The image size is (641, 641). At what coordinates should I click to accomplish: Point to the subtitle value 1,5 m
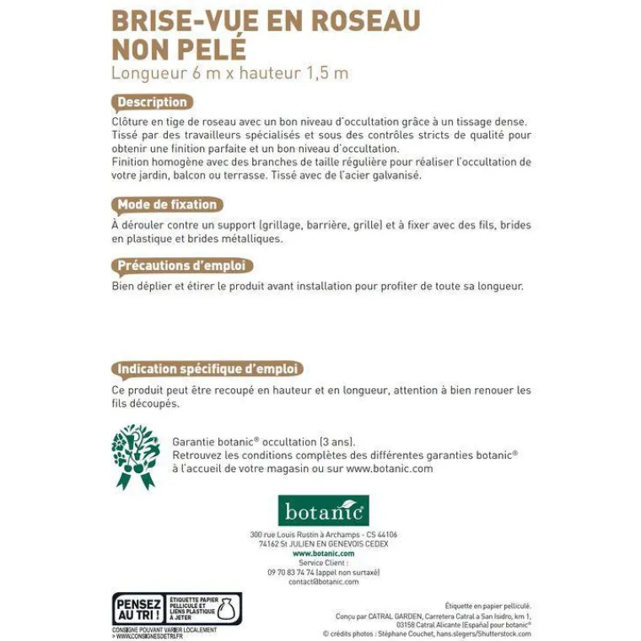tap(327, 73)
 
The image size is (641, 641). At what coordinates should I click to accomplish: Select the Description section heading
tap(152, 102)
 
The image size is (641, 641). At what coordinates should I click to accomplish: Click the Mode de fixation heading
tap(167, 204)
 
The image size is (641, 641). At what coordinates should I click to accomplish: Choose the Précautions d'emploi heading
tap(181, 266)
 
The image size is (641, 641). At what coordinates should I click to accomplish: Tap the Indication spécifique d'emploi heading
tap(207, 369)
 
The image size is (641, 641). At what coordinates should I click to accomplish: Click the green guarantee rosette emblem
tap(135, 455)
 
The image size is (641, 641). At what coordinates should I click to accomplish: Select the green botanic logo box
tap(323, 510)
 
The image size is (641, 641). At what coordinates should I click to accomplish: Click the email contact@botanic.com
tap(323, 581)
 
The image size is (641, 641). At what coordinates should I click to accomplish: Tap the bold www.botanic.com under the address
tap(323, 553)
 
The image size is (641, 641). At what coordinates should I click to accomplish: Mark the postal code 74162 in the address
tap(269, 544)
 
